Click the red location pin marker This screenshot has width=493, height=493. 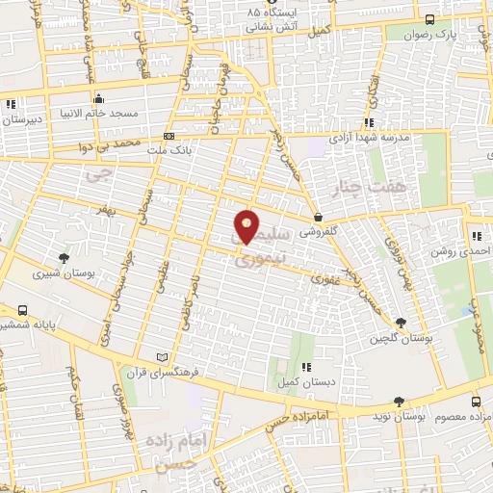coord(247,226)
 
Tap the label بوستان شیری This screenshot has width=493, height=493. coord(60,274)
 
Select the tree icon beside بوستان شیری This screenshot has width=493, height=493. coord(64,257)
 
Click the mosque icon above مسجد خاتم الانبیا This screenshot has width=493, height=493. coord(99,97)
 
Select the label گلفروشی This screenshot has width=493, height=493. coord(319,232)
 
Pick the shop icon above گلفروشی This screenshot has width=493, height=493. coord(318,217)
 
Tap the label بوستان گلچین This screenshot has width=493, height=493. coord(401,339)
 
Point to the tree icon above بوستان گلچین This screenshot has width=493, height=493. coord(401,323)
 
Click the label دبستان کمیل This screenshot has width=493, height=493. coord(306,383)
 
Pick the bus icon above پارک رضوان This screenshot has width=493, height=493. coord(428,19)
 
